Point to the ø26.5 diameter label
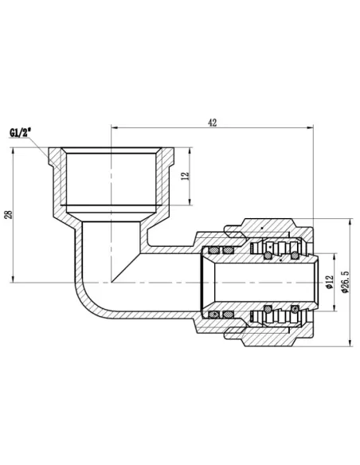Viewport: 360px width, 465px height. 345,283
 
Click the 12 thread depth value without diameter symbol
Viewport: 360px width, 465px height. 184,176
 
